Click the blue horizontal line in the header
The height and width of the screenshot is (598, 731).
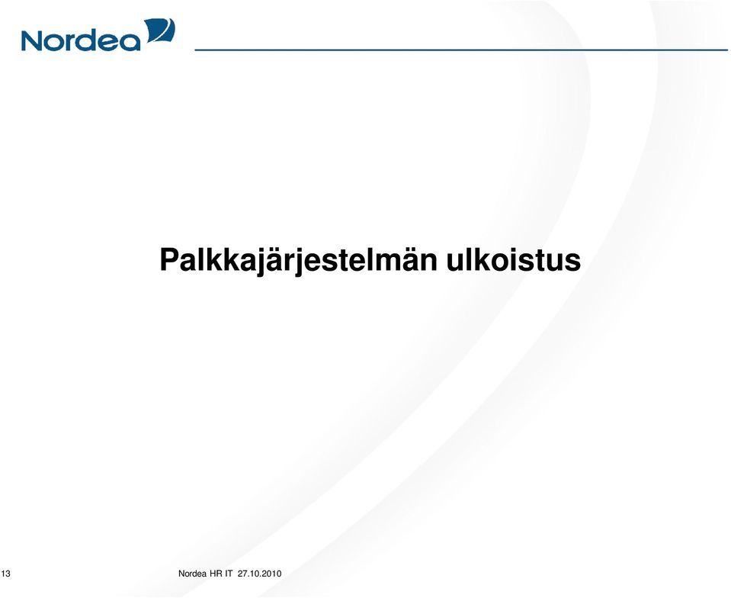pyautogui.click(x=461, y=50)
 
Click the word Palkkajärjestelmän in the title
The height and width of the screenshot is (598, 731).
pyautogui.click(x=298, y=260)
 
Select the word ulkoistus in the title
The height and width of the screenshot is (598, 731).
pyautogui.click(x=514, y=259)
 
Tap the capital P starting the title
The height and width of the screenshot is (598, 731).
pyautogui.click(x=169, y=259)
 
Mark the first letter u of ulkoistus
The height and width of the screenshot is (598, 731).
pyautogui.click(x=456, y=263)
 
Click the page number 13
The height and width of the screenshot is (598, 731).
pyautogui.click(x=5, y=574)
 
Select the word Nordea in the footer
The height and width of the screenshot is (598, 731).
pyautogui.click(x=193, y=574)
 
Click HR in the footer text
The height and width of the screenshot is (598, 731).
pyautogui.click(x=216, y=574)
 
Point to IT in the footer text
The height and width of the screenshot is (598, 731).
pyautogui.click(x=229, y=574)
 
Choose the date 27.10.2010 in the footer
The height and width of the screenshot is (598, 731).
pyautogui.click(x=260, y=574)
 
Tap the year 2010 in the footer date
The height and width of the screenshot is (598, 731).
pyautogui.click(x=272, y=574)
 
